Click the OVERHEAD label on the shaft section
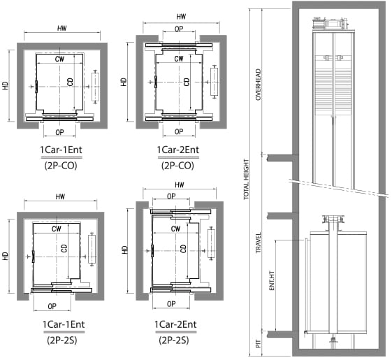tap(259, 85)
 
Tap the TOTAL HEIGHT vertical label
tap(246, 179)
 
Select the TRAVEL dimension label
tap(258, 243)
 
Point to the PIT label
tap(259, 344)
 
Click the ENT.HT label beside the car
tap(272, 281)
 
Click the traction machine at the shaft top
tap(331, 24)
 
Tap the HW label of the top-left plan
tap(62, 28)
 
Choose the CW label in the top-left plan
tap(60, 59)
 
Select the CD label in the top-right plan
tap(187, 82)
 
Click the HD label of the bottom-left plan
tap(6, 256)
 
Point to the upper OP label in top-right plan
tap(179, 29)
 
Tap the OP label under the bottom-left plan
tap(52, 306)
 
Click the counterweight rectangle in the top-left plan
tap(95, 87)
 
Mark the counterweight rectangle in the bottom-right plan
tap(211, 243)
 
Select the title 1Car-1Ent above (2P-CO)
tap(61, 150)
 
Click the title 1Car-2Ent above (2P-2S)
tap(175, 324)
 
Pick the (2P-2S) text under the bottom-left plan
tap(62, 340)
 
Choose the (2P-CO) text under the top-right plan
tap(177, 166)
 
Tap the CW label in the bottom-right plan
tap(176, 229)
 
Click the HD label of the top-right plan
tap(124, 82)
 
